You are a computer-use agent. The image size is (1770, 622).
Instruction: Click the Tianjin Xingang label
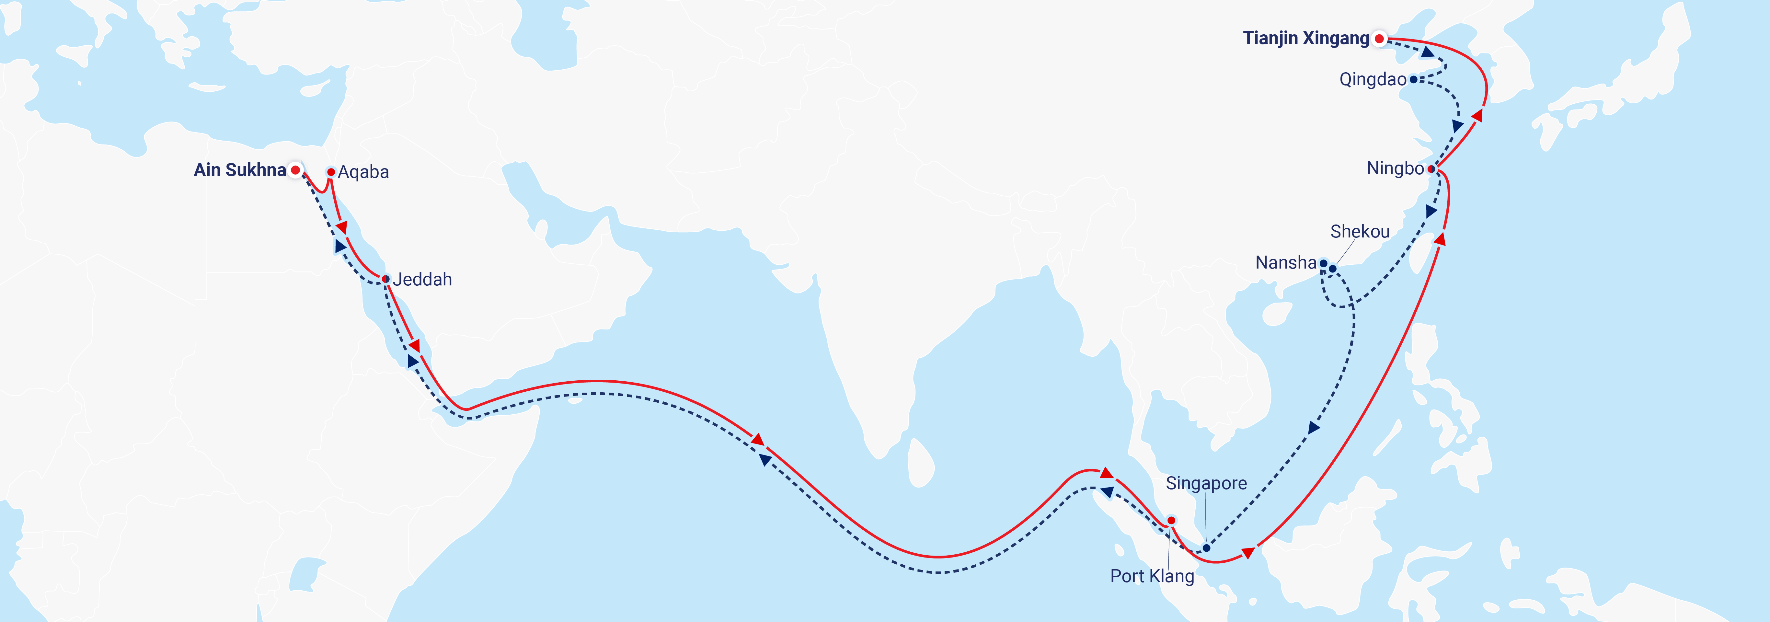tap(1305, 39)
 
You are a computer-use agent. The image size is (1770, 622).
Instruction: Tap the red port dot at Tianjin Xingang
tap(1379, 39)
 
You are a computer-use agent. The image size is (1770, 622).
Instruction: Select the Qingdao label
tap(1372, 80)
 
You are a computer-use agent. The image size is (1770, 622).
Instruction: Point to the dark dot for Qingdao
tap(1413, 80)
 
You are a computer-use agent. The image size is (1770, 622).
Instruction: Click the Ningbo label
tap(1395, 168)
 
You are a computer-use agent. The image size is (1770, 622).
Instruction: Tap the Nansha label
tap(1285, 262)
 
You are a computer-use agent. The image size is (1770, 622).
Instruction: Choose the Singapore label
tap(1206, 483)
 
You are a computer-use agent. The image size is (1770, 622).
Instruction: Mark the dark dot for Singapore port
tap(1206, 548)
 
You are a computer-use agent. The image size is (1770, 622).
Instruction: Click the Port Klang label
tap(1152, 576)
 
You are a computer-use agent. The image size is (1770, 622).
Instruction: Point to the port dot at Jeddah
tap(385, 279)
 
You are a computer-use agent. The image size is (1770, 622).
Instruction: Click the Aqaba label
tap(363, 172)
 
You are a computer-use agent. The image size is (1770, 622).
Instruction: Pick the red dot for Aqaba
tap(330, 172)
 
